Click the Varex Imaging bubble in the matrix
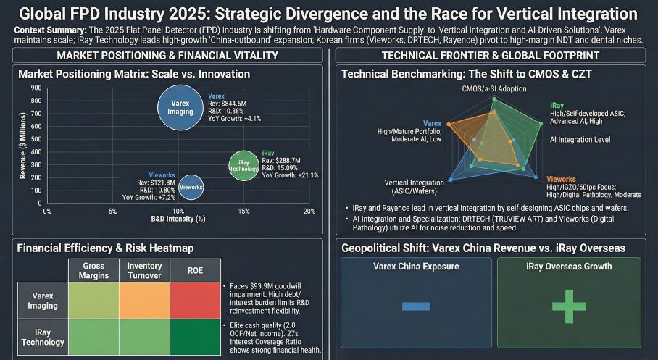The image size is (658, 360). click(180, 107)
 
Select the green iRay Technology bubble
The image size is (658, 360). click(243, 164)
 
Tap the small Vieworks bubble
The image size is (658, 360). click(190, 187)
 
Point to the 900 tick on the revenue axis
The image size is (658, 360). click(36, 88)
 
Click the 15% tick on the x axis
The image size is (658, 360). click(243, 211)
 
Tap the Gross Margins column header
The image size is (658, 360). click(93, 271)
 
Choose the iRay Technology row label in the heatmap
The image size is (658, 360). click(43, 337)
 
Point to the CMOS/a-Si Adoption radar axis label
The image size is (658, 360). click(493, 88)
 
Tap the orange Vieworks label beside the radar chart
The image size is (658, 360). click(561, 178)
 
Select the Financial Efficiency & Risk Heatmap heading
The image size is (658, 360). click(105, 248)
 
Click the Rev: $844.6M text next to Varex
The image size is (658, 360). click(227, 104)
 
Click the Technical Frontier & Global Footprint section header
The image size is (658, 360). click(493, 56)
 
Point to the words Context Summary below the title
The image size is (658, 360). click(48, 29)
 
